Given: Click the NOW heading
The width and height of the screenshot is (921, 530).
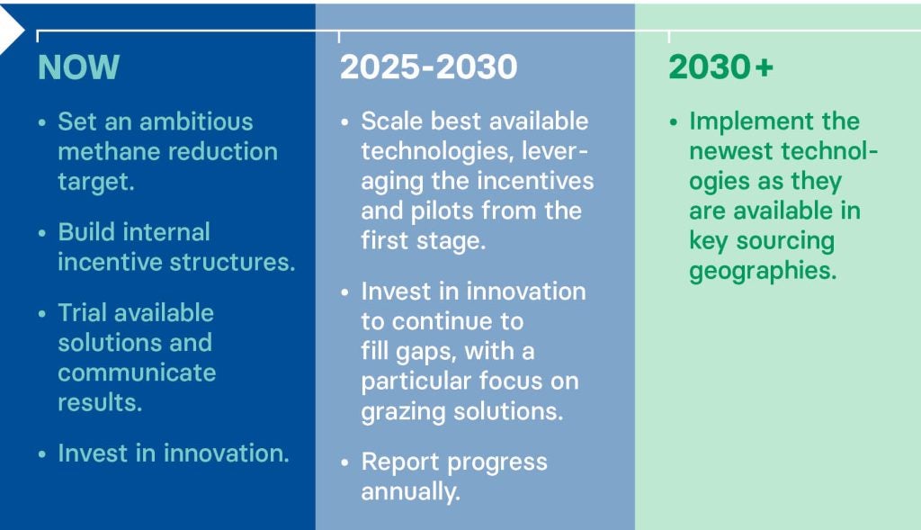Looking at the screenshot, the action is click(79, 67).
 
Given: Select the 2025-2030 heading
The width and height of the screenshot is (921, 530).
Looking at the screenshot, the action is click(429, 67).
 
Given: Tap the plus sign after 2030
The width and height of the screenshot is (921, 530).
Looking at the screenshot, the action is click(765, 67).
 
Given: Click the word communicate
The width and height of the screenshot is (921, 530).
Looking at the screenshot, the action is click(137, 373).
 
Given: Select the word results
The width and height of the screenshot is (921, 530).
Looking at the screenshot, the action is click(100, 402).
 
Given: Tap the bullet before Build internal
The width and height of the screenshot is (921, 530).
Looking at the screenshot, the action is click(41, 233).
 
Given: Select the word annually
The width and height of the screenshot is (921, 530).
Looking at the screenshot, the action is click(410, 492).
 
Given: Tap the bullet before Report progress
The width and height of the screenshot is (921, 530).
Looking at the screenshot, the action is click(344, 463).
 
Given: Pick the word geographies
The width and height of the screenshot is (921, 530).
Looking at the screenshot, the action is click(763, 271).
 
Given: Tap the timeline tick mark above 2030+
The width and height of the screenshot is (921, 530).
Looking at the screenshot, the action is click(668, 36).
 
